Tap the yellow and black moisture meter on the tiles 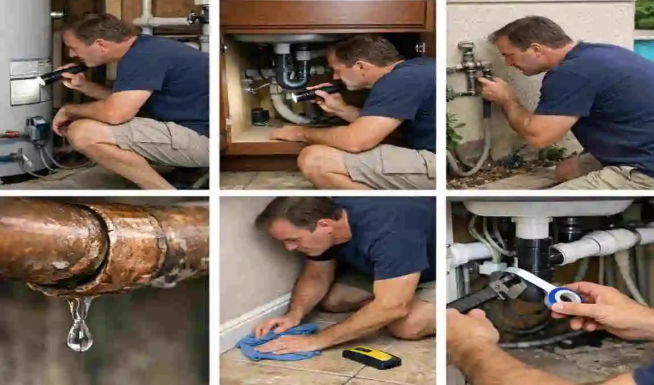tap(371, 357)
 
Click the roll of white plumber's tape tap(563, 296)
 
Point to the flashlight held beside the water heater tap(60, 74)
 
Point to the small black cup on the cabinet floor tap(260, 116)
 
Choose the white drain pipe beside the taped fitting tap(596, 244)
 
